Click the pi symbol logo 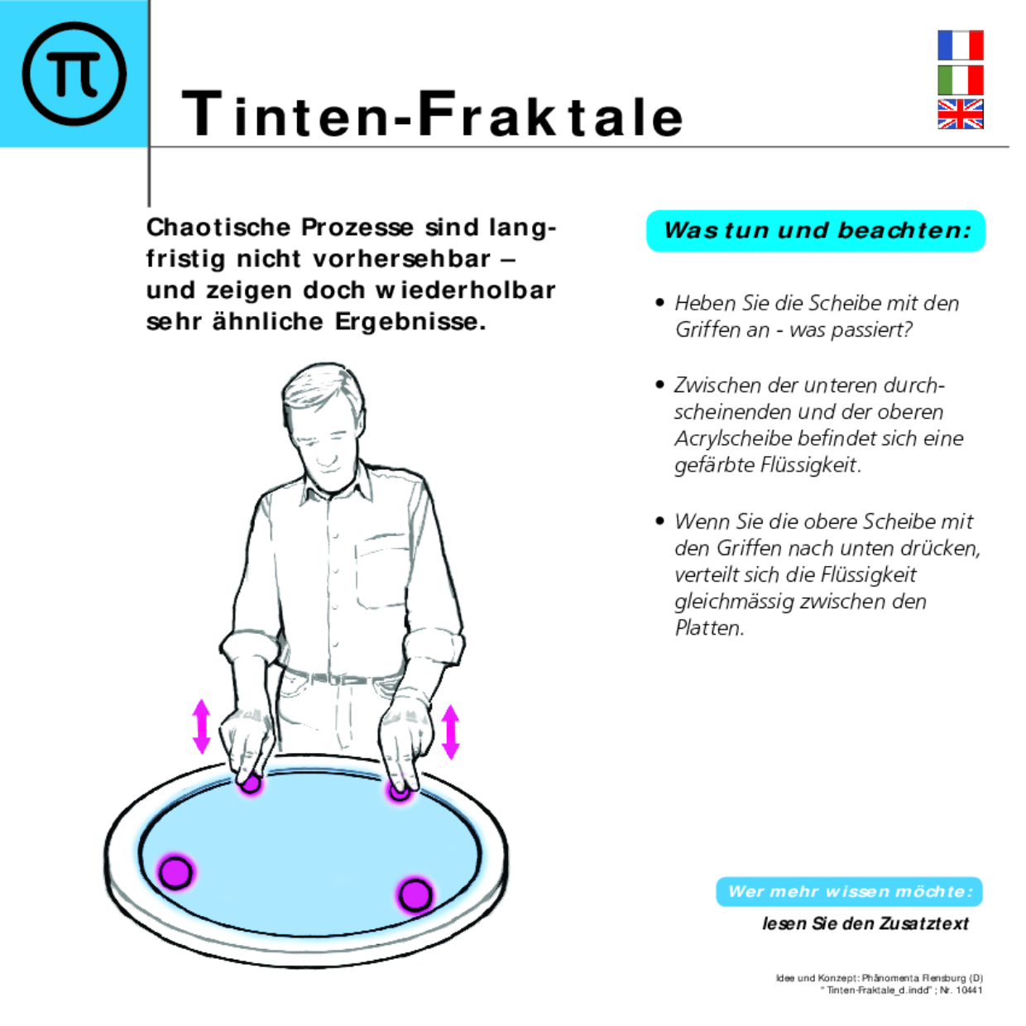pos(74,74)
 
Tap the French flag pos(960,46)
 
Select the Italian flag pos(960,80)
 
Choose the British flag pos(960,114)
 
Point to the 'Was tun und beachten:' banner pos(816,230)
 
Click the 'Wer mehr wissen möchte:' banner pos(849,891)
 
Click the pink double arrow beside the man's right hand pos(201,726)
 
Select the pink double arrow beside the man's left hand pos(450,731)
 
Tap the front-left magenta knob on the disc pos(175,871)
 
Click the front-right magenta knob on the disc pos(415,894)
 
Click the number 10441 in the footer pos(969,990)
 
